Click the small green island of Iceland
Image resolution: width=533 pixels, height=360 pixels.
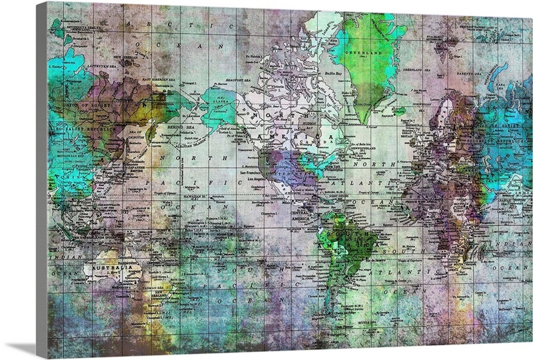(398, 111)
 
